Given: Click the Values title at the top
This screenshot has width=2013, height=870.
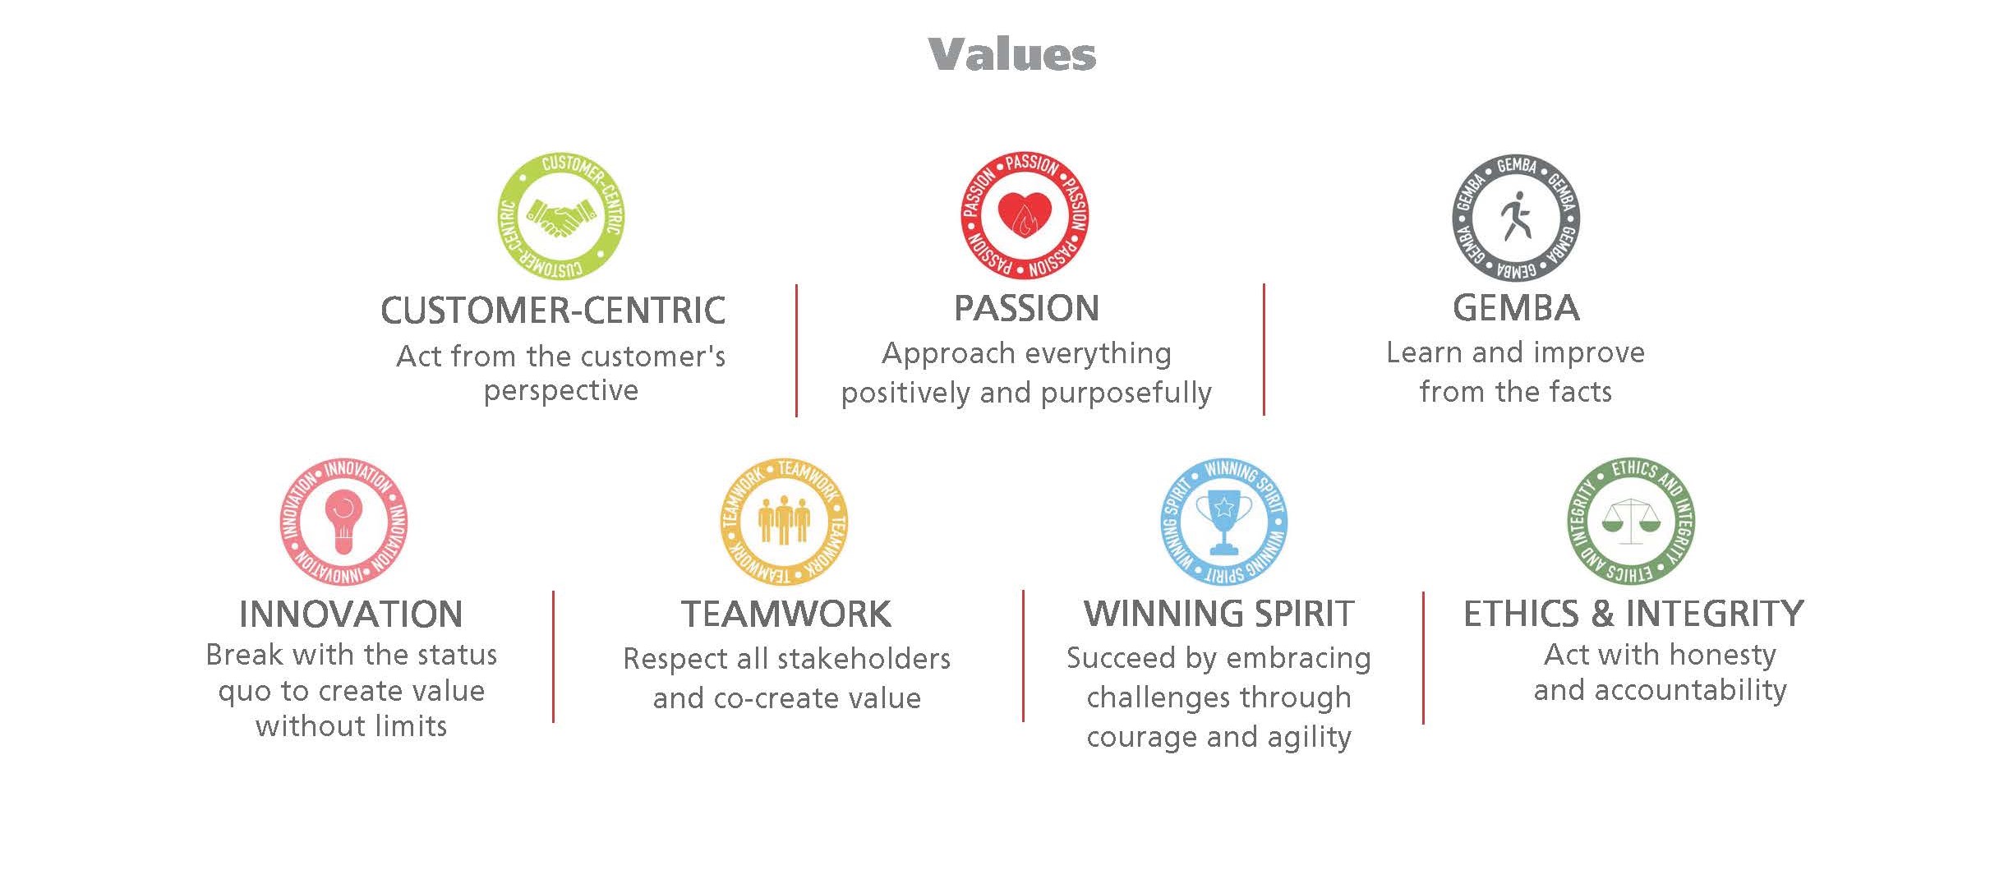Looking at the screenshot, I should click(x=1011, y=55).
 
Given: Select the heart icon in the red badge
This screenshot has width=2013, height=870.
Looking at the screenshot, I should click(x=1024, y=215).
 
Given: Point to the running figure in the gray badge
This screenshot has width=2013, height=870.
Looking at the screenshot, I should click(x=1516, y=216).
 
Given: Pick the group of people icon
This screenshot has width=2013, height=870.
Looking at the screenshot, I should click(x=783, y=520).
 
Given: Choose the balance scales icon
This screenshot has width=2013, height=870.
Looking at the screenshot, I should click(x=1631, y=521).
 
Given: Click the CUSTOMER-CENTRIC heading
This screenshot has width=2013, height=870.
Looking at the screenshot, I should click(x=553, y=311).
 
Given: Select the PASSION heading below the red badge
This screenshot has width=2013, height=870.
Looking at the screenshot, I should click(x=1026, y=309).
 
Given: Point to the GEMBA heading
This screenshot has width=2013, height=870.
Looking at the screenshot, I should click(x=1516, y=309).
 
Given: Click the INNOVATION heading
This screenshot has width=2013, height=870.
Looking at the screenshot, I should click(x=351, y=615).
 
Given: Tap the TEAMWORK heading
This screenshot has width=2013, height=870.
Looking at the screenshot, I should click(x=786, y=615).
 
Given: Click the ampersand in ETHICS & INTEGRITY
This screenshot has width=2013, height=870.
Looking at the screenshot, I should click(x=1602, y=615).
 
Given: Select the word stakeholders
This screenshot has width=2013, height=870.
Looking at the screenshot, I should click(x=864, y=659).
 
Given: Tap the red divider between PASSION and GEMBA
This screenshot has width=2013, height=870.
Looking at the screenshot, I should click(x=1264, y=349).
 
